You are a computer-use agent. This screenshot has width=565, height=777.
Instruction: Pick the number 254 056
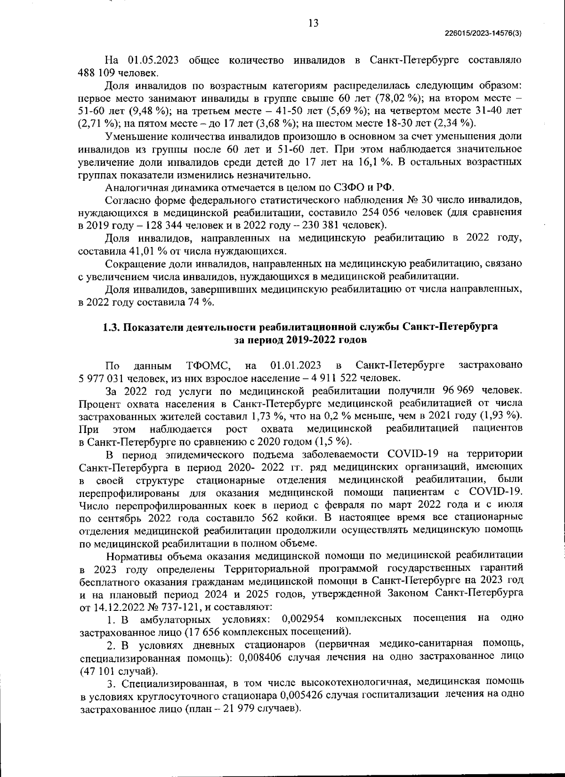coord(384,212)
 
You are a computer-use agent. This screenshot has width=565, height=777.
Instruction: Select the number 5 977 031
coord(102,377)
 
